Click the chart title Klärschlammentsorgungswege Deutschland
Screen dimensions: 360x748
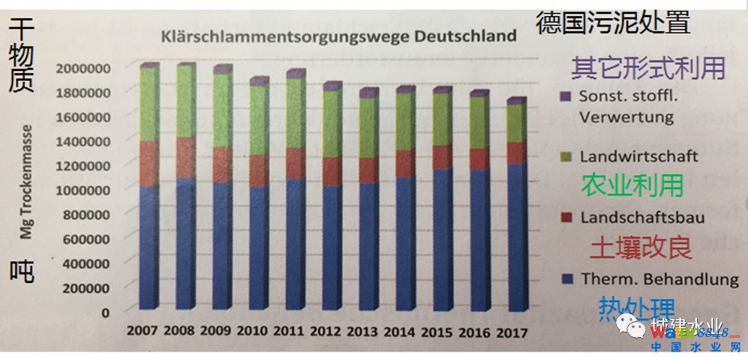[x=337, y=35]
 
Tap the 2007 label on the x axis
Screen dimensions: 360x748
[x=142, y=332]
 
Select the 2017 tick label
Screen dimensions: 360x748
[x=512, y=333]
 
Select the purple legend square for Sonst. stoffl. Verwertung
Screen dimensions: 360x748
[x=565, y=98]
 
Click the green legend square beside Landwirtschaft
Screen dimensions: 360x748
[x=565, y=156]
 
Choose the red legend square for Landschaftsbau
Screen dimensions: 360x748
[x=565, y=218]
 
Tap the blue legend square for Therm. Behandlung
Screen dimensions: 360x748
[x=565, y=279]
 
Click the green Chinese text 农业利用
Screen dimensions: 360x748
[x=632, y=185]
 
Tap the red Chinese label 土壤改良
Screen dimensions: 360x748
[x=640, y=248]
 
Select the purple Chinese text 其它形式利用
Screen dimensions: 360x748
[x=648, y=68]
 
